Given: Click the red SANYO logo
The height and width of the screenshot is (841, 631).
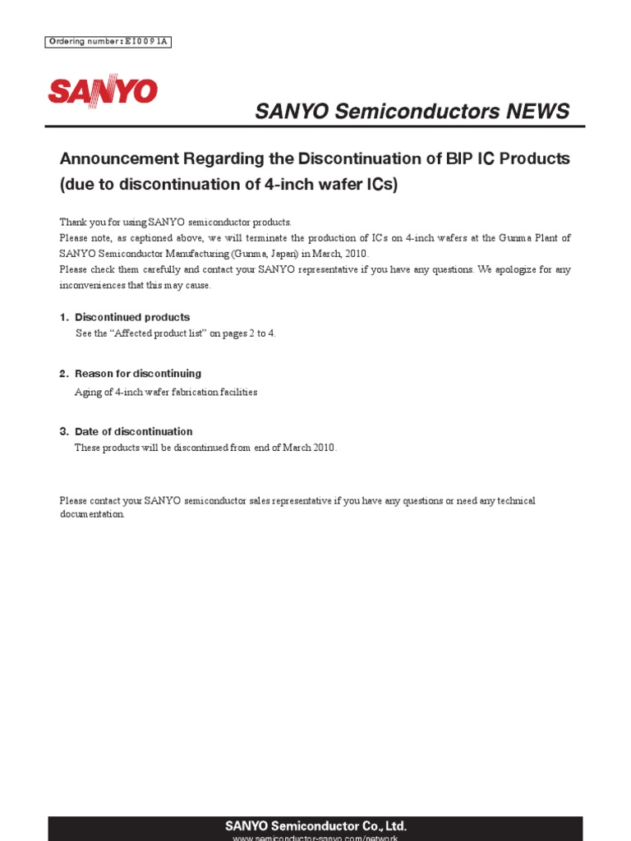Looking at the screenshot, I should point(102,91).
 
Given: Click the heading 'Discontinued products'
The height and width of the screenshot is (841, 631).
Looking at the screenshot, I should point(132,317).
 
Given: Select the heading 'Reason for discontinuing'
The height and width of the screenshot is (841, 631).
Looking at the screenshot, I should point(138,374).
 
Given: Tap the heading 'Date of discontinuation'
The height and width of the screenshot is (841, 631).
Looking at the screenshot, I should point(134,431).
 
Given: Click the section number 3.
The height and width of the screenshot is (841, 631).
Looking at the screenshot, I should point(62,431).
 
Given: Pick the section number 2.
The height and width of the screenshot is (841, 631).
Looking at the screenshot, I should point(62,374).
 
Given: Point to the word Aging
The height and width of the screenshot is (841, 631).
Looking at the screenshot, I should point(87,392).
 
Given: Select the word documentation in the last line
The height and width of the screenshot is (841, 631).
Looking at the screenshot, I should point(91,514).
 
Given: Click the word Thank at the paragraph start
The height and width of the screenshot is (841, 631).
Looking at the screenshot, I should point(72,223).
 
